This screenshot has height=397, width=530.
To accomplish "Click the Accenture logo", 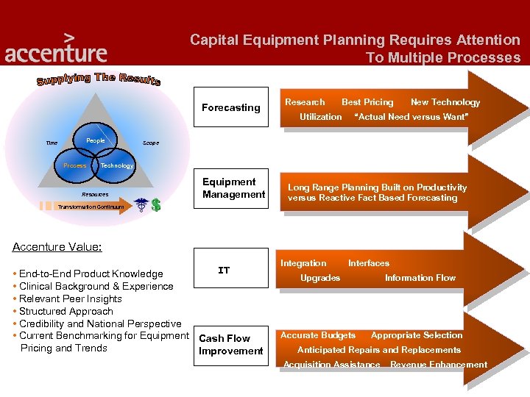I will pos(56,49).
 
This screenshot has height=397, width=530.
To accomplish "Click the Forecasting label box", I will pos(230,107).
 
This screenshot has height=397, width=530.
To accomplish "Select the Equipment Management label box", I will pos(233,188).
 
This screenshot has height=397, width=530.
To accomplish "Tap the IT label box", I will pos(224,271).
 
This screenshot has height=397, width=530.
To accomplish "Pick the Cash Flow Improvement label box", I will pos(230,345).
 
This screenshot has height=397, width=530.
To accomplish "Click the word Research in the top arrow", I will pos(305,102).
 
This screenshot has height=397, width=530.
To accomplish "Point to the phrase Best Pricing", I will pos(367,102).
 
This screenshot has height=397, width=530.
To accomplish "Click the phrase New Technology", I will pos(445,102).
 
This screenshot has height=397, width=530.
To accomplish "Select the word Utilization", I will pos(320,117).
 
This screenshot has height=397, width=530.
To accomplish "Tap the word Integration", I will pos(303,263).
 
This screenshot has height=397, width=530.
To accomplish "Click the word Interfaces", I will pos(369,263).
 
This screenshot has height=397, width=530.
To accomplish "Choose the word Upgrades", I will pos(320,278).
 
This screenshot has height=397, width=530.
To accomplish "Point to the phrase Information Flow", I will pos(420,278).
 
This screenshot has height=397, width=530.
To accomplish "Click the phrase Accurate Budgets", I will pos(318,335).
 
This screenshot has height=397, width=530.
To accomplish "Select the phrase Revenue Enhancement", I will pos(438,365).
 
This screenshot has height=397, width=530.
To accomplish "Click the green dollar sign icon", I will pos(155,205).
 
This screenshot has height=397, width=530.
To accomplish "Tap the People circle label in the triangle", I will pos(96,140).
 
